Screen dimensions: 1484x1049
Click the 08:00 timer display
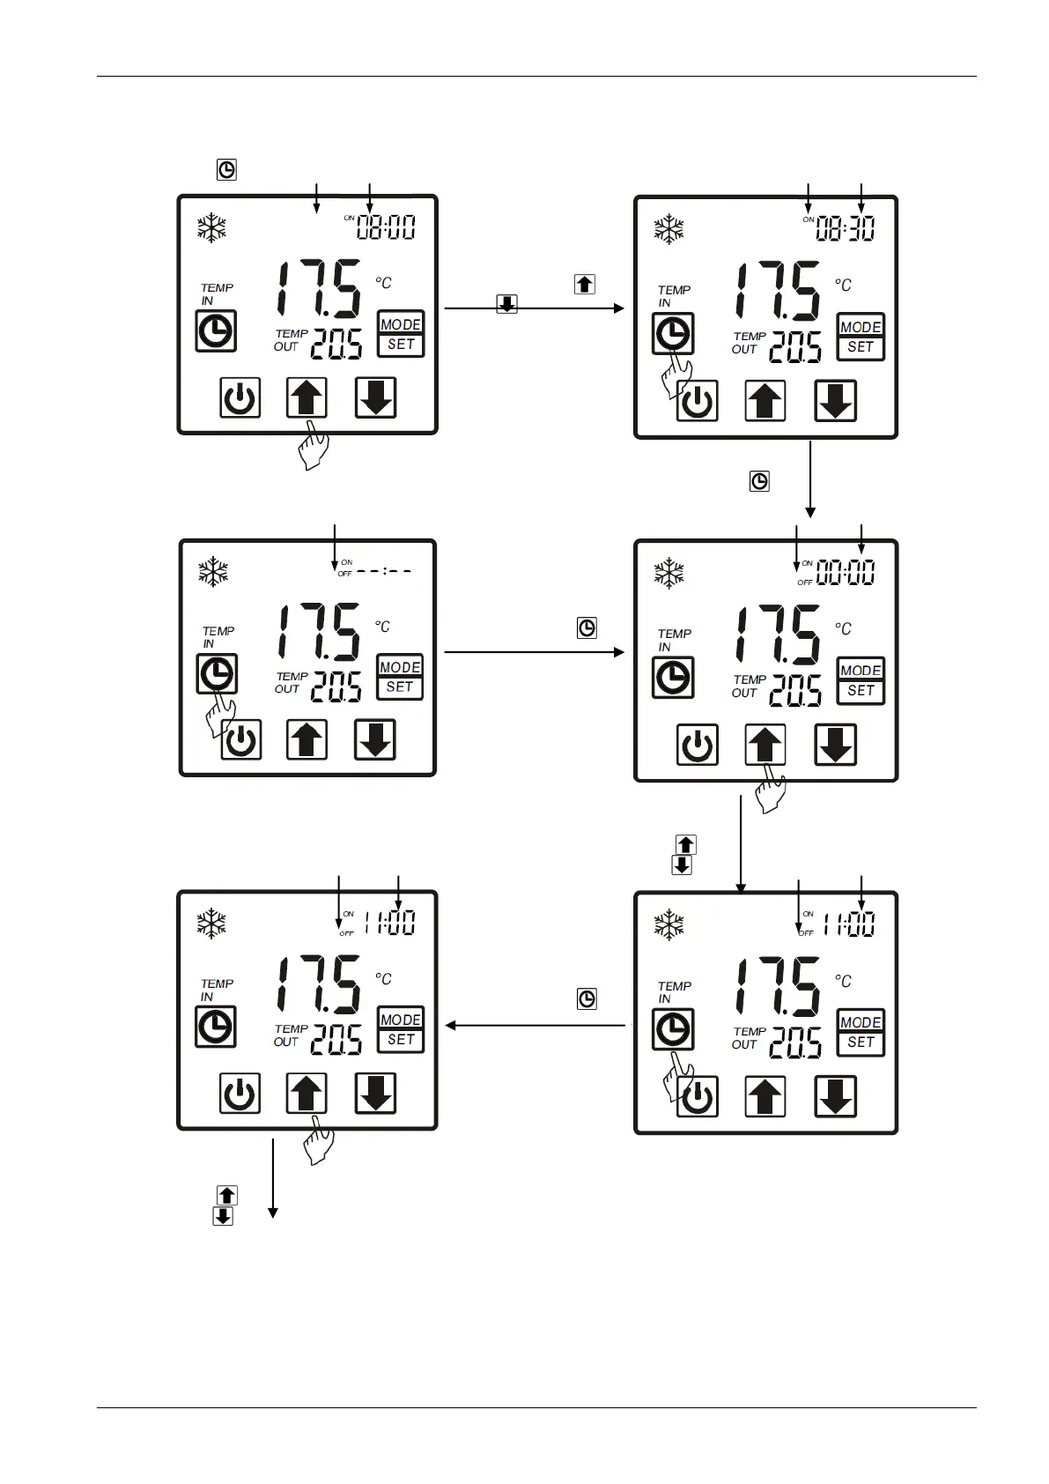(x=386, y=227)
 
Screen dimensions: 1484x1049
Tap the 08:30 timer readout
(x=845, y=229)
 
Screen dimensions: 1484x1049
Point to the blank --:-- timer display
(x=384, y=571)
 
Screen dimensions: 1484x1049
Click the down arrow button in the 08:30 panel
(x=835, y=402)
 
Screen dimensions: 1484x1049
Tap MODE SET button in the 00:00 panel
(x=861, y=680)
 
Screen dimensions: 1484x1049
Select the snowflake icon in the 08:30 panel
(x=669, y=229)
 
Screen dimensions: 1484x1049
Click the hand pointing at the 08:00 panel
(x=314, y=446)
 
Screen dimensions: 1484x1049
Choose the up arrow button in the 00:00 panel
(x=765, y=745)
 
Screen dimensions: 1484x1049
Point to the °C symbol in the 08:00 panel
(x=383, y=283)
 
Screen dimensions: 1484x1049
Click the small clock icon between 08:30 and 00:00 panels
(x=759, y=481)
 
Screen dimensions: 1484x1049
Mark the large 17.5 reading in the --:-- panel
(x=319, y=632)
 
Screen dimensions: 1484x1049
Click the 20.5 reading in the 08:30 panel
(x=795, y=347)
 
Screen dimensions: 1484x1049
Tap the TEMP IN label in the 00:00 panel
(x=674, y=640)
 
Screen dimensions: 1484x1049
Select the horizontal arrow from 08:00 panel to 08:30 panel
(x=534, y=308)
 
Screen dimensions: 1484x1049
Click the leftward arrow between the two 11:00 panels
(x=537, y=1025)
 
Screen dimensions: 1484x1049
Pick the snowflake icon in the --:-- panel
(x=213, y=572)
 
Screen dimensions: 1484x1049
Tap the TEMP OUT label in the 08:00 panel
(x=291, y=340)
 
